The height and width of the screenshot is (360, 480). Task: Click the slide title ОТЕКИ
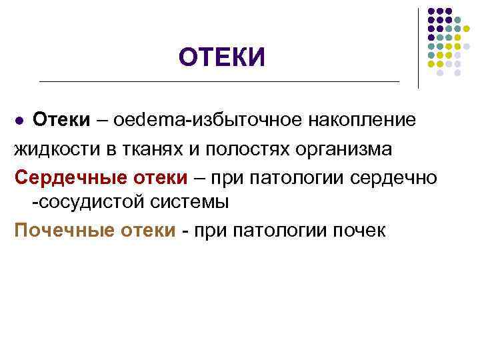(x=221, y=57)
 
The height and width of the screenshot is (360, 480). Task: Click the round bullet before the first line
(x=20, y=121)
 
